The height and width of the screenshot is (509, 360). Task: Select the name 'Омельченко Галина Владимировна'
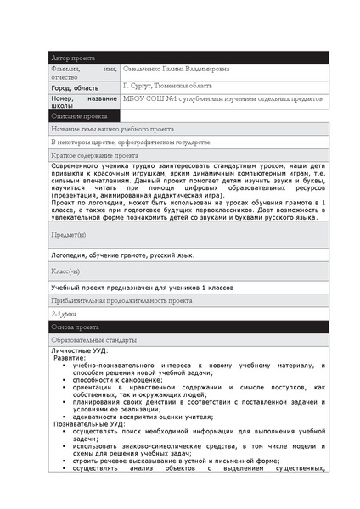coord(176,70)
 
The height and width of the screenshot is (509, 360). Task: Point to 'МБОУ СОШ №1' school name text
coord(150,98)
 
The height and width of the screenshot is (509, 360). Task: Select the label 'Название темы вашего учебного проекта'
coord(110,129)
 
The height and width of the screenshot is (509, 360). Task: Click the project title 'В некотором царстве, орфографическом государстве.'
coord(131,143)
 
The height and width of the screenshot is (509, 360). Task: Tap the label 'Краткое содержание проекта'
coord(94,156)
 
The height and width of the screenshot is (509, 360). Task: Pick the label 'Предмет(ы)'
coord(68,234)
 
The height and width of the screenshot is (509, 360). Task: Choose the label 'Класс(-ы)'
coord(65,271)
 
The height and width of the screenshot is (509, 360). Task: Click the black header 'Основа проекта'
coord(75,327)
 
